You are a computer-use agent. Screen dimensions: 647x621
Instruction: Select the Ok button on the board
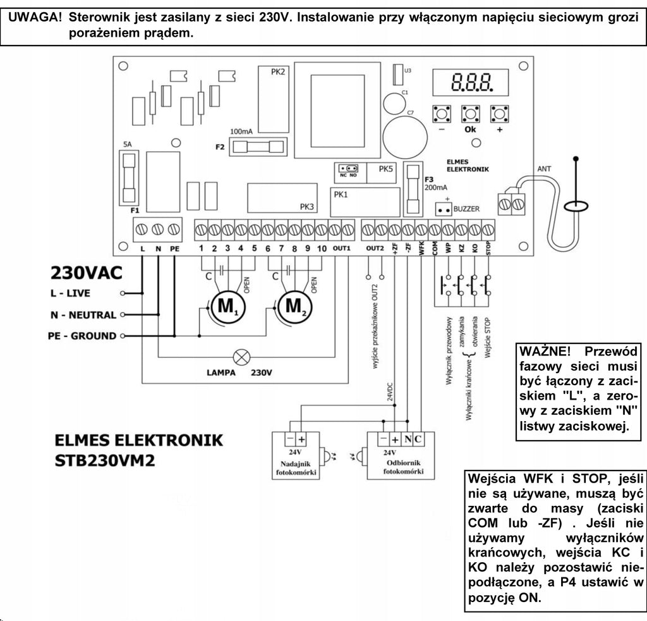tap(470, 114)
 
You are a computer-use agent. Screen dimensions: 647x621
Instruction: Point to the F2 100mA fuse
tap(258, 147)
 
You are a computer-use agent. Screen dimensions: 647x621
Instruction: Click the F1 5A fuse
tap(129, 178)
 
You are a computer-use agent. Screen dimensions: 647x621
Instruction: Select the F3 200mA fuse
tap(413, 189)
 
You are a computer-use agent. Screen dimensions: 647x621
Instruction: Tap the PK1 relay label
tap(341, 195)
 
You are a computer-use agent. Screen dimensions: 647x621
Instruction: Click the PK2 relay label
tap(278, 72)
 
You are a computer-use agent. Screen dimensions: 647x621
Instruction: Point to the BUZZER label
tap(466, 209)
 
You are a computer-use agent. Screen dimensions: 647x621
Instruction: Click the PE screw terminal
tap(174, 229)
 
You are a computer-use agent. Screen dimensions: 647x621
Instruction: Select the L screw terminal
tap(142, 229)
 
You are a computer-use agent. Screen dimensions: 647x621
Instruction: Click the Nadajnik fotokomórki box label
tap(296, 468)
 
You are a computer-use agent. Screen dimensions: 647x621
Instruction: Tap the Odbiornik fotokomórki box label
tap(403, 467)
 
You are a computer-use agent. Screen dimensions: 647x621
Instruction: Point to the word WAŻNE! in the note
tap(545, 352)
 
